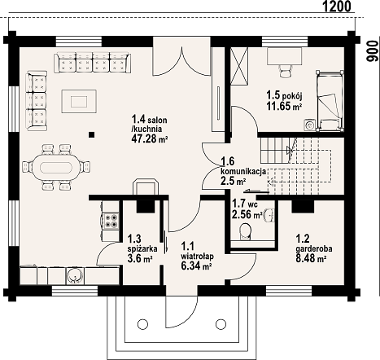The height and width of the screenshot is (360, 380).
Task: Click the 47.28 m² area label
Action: coord(149,138)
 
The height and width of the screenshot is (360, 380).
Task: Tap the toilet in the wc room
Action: coord(245,231)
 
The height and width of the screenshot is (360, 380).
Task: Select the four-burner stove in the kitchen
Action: coord(111,221)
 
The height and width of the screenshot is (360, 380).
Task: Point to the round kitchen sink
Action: coord(73,276)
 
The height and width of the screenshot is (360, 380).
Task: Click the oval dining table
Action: coord(56,167)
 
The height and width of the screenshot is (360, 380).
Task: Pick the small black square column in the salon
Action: coord(92,134)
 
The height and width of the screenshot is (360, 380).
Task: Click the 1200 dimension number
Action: coord(336,7)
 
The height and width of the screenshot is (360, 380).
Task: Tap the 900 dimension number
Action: coord(373,51)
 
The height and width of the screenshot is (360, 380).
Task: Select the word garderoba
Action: coord(314,248)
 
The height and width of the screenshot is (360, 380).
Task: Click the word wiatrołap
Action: coord(197,256)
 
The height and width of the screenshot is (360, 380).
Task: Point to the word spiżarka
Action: coord(142,248)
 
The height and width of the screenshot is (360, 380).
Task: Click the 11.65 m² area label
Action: coord(284,106)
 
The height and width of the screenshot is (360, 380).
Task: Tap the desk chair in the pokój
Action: coord(286,72)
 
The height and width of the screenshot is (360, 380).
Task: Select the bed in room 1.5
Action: coord(330,101)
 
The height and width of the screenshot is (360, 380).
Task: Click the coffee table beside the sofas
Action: coord(79,101)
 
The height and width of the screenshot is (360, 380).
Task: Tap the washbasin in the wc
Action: coord(269,215)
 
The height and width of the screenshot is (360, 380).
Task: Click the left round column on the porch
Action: coord(142,324)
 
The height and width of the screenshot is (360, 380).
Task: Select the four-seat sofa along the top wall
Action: coord(93,63)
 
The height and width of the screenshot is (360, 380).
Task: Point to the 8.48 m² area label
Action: coord(311,258)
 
